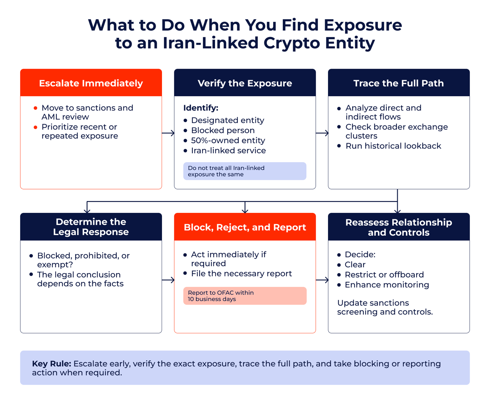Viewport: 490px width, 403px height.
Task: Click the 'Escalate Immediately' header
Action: [x=91, y=83]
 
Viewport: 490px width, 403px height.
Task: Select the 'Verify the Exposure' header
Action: [x=245, y=83]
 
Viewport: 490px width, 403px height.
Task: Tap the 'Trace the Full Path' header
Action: [x=398, y=83]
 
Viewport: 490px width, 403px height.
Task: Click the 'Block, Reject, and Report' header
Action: [x=245, y=227]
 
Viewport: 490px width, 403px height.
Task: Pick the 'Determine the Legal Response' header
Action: [x=91, y=227]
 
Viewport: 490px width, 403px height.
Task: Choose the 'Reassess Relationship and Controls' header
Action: [x=398, y=227]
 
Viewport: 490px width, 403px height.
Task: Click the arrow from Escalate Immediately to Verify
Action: [x=168, y=133]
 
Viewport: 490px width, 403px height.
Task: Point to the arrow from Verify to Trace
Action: [x=322, y=133]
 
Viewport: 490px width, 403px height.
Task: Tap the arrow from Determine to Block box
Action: [x=168, y=280]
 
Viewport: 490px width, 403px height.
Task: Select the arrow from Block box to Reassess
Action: [x=322, y=280]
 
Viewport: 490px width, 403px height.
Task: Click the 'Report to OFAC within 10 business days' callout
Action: [x=245, y=296]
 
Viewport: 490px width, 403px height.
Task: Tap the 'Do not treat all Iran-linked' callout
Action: [x=245, y=171]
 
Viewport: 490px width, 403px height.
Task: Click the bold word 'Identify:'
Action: [x=201, y=108]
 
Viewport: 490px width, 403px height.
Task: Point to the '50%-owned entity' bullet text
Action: [x=228, y=140]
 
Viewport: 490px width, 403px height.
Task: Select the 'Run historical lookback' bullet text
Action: [x=393, y=146]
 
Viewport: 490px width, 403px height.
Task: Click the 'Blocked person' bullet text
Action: [x=223, y=130]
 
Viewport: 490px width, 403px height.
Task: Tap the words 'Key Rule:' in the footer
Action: [x=51, y=364]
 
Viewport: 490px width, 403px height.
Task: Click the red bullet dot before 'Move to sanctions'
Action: [x=35, y=108]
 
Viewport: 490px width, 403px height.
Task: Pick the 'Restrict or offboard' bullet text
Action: [x=384, y=275]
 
